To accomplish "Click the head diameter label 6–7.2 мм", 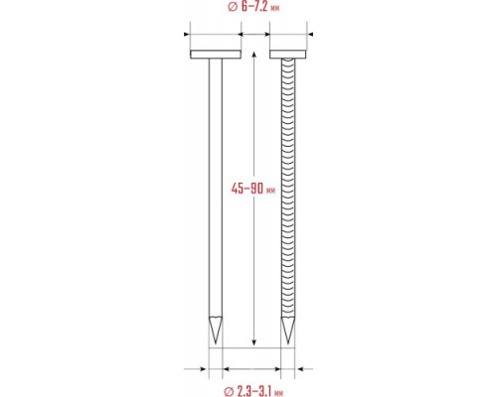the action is (260, 7).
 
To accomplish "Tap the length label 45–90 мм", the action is (253, 189).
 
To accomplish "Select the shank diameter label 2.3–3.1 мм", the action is (260, 392).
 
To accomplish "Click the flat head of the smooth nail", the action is (216, 55).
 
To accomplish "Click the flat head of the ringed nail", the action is (287, 55).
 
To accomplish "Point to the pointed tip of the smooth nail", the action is (216, 343).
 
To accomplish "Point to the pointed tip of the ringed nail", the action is (287, 343).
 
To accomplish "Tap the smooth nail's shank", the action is (216, 188).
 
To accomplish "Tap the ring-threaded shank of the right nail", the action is (287, 188).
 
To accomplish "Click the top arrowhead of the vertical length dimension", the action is (253, 55).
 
